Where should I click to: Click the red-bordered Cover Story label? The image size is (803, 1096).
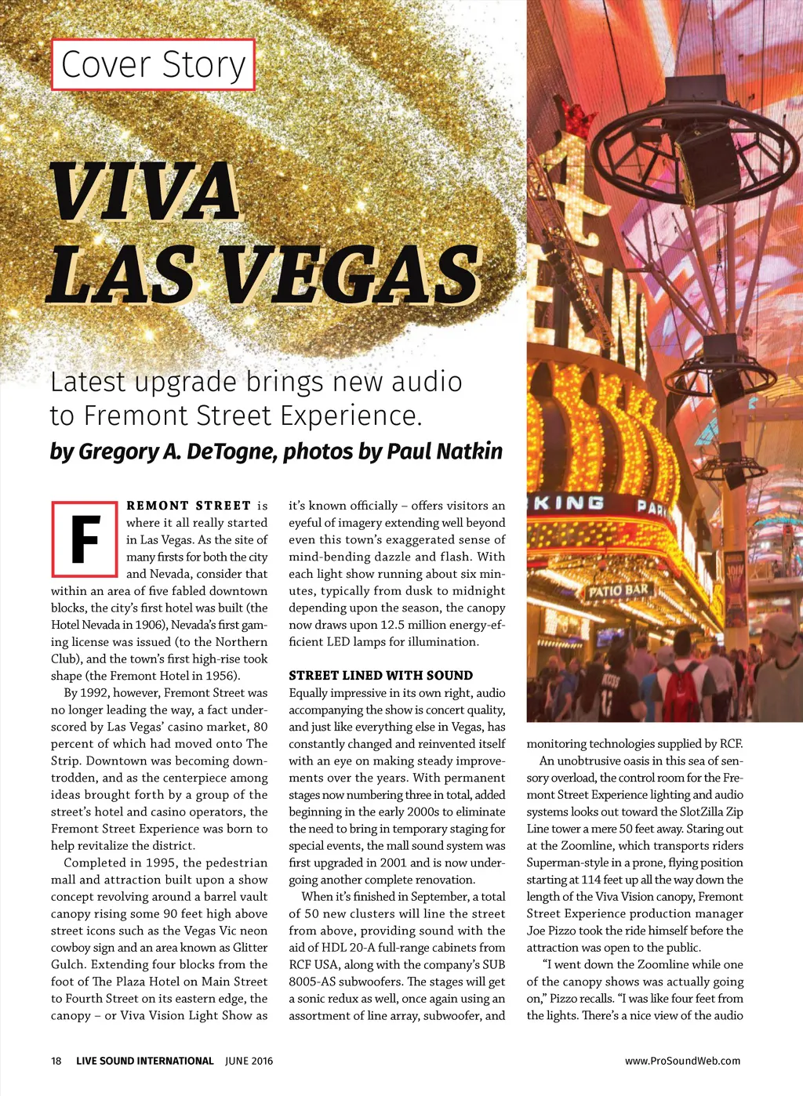(x=153, y=64)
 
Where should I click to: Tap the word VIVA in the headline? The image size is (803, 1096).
(x=144, y=192)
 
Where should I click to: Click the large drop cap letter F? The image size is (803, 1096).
(x=85, y=539)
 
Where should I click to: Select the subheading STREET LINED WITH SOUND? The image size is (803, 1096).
(x=380, y=675)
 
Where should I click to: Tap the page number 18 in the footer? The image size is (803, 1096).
(x=56, y=1061)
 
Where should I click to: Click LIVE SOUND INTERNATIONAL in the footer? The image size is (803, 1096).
(x=144, y=1061)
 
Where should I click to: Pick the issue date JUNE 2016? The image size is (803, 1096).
(x=249, y=1061)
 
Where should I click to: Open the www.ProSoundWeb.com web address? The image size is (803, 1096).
(x=682, y=1061)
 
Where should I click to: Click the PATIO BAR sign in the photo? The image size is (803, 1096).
(x=620, y=590)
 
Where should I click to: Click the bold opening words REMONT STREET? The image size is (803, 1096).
(x=188, y=506)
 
